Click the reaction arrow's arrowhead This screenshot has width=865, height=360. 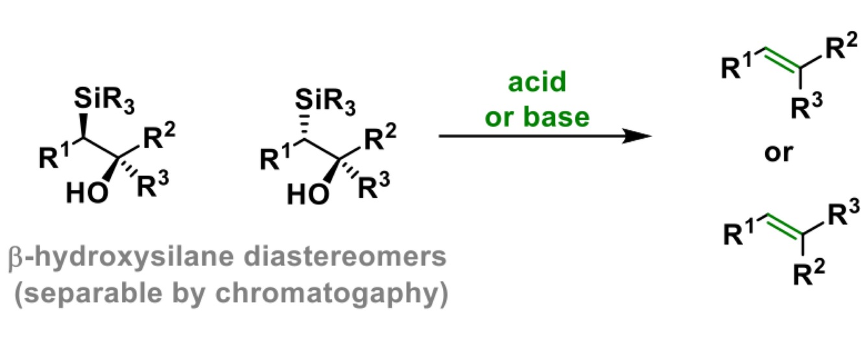point(639,137)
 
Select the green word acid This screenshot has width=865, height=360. point(538,83)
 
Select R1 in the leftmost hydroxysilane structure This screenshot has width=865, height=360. point(54,157)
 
